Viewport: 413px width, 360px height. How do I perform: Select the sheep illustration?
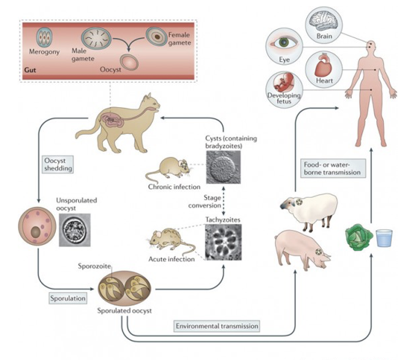pos(304,209)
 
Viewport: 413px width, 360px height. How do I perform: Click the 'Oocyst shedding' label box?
pos(59,165)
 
